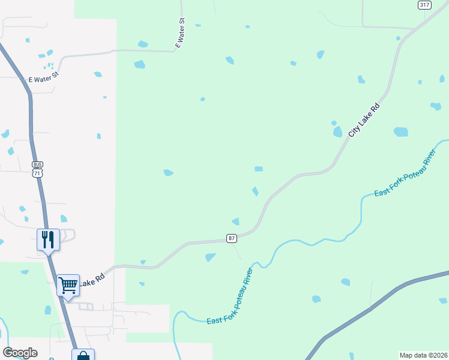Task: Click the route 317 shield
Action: pyautogui.click(x=424, y=5)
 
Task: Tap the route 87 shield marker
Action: pyautogui.click(x=232, y=238)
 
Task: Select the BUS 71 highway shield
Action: pyautogui.click(x=37, y=169)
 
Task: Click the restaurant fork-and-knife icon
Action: pyautogui.click(x=48, y=239)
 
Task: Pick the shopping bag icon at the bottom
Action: pyautogui.click(x=83, y=356)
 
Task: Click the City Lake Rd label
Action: pyautogui.click(x=364, y=121)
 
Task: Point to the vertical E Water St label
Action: pyautogui.click(x=179, y=32)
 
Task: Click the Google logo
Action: pyautogui.click(x=20, y=353)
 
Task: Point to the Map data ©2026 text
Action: pyautogui.click(x=423, y=355)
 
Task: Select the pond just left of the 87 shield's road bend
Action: pyautogui.click(x=236, y=221)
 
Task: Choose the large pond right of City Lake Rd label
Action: pyautogui.click(x=400, y=131)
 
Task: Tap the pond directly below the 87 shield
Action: pyautogui.click(x=210, y=257)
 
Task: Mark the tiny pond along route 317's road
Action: pyautogui.click(x=398, y=38)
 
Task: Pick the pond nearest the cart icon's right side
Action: pyautogui.click(x=142, y=283)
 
